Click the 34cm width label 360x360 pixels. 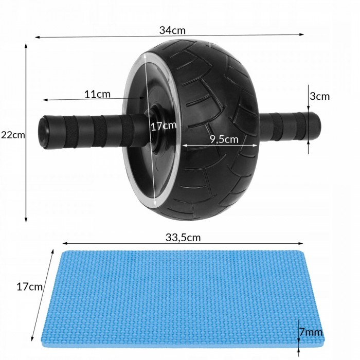pyautogui.click(x=172, y=30)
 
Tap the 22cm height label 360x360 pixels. pyautogui.click(x=13, y=135)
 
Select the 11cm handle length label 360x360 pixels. pyautogui.click(x=97, y=94)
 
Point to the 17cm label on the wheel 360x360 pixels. pyautogui.click(x=164, y=125)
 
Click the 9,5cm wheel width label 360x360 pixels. pyautogui.click(x=224, y=139)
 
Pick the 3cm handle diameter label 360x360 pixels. pyautogui.click(x=319, y=96)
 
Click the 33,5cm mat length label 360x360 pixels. pyautogui.click(x=183, y=237)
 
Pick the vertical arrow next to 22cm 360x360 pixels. pyautogui.click(x=26, y=134)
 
